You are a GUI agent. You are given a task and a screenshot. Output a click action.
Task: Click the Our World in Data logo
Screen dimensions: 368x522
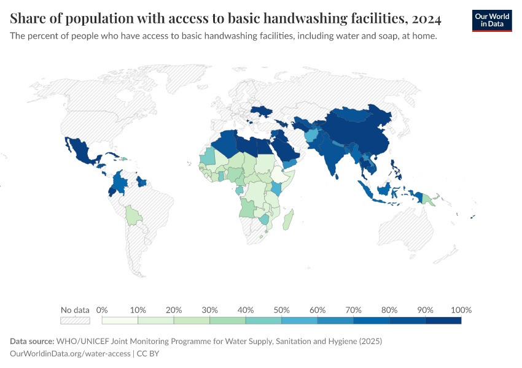[x=492, y=20]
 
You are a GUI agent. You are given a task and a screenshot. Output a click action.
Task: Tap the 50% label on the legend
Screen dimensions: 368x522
[x=281, y=310]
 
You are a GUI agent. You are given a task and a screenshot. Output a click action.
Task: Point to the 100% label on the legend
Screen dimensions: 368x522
[x=461, y=310]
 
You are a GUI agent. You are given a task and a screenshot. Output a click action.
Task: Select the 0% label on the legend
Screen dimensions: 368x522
[x=102, y=310]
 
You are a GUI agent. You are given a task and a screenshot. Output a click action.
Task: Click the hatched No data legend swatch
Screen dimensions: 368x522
[x=75, y=320]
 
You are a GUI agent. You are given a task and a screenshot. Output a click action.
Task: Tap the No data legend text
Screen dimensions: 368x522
[x=75, y=310]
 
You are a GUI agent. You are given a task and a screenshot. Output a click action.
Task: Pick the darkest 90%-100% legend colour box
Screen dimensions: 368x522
[x=443, y=320]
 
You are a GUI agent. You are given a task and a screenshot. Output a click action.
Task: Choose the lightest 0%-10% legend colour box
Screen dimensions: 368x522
[x=120, y=320]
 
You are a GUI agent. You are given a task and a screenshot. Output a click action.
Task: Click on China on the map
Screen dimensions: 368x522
[x=362, y=138]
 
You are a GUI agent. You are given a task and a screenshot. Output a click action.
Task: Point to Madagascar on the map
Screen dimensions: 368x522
[x=289, y=219]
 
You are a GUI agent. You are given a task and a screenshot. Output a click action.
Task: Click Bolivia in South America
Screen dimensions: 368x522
[x=131, y=215]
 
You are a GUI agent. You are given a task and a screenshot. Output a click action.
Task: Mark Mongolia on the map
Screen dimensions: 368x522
[x=356, y=115]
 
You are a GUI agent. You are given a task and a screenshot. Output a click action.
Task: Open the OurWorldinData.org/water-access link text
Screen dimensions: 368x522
[x=71, y=353]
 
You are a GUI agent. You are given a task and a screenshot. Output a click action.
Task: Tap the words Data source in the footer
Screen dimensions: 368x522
[x=32, y=341]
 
